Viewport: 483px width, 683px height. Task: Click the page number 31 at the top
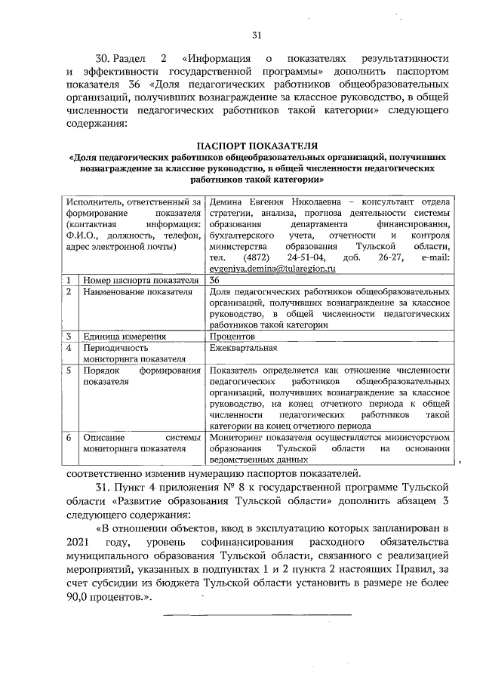pos(257,35)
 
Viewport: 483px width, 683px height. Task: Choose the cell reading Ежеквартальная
pos(245,348)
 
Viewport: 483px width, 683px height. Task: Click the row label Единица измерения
pos(125,336)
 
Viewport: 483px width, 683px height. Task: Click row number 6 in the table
pos(69,437)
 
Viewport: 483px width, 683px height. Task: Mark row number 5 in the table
pos(69,371)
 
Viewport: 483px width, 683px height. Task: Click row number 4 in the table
pos(69,348)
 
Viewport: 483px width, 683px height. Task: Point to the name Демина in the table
pos(227,203)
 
